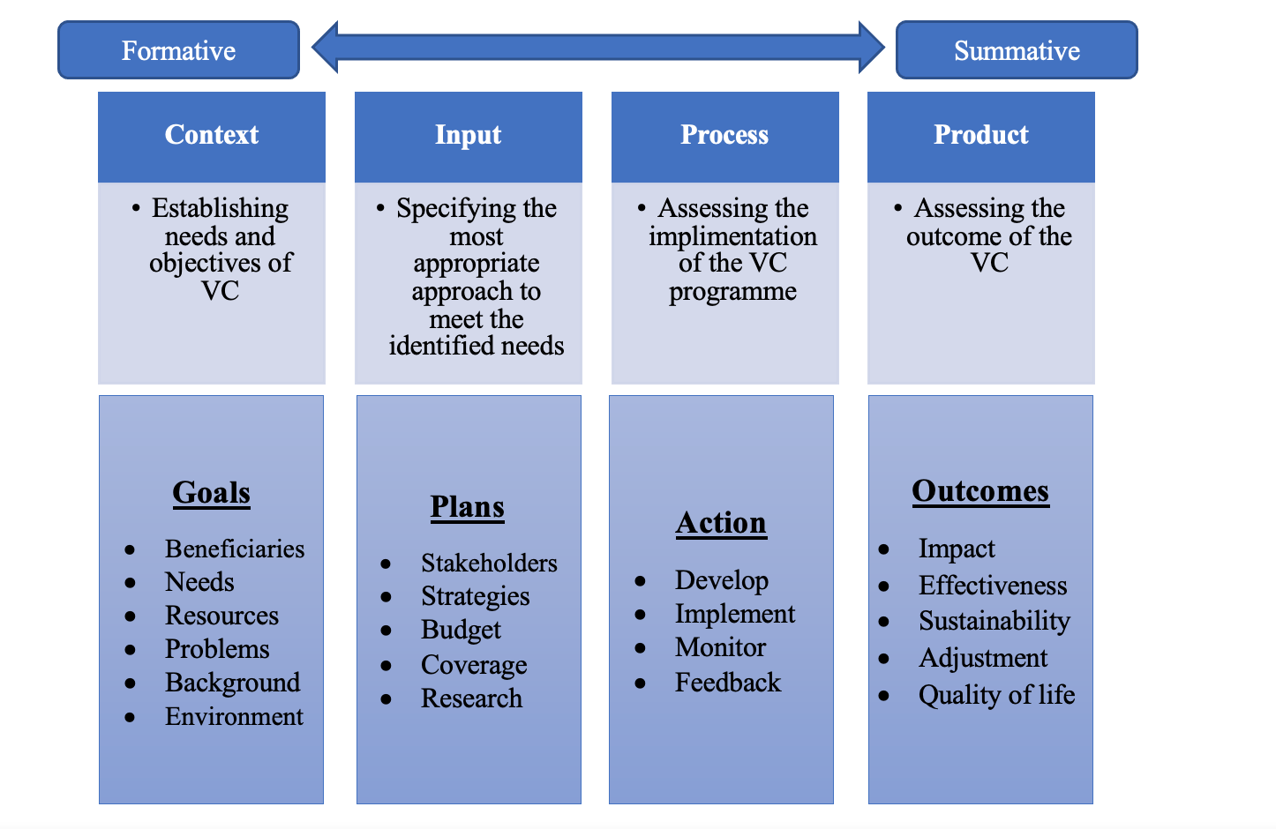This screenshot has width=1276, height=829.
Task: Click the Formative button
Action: (178, 50)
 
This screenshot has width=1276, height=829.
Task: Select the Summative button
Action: (1017, 50)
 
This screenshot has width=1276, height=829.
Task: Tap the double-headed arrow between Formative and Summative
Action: (598, 48)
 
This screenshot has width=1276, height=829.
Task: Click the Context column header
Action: (212, 135)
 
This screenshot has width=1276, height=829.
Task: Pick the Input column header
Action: (468, 135)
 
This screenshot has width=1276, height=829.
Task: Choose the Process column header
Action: (724, 135)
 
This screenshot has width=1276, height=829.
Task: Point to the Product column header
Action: (981, 135)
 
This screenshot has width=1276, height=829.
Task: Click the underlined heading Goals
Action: (212, 492)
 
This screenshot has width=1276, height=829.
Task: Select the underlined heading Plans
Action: (468, 507)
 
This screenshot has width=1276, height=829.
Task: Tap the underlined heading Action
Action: (721, 523)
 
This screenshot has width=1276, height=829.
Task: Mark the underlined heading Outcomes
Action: (980, 490)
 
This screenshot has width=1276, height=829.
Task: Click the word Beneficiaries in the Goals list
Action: (235, 549)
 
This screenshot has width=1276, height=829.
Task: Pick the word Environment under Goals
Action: (234, 716)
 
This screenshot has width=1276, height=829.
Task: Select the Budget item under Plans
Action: (461, 630)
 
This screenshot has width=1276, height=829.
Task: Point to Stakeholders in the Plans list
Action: (489, 563)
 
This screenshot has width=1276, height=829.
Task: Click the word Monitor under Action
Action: (720, 647)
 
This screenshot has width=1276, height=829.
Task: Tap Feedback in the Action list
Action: (728, 683)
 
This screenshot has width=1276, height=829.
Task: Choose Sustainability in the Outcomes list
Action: (994, 621)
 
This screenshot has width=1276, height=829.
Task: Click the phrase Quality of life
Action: (996, 695)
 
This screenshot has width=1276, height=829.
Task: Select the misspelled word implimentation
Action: (732, 236)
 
